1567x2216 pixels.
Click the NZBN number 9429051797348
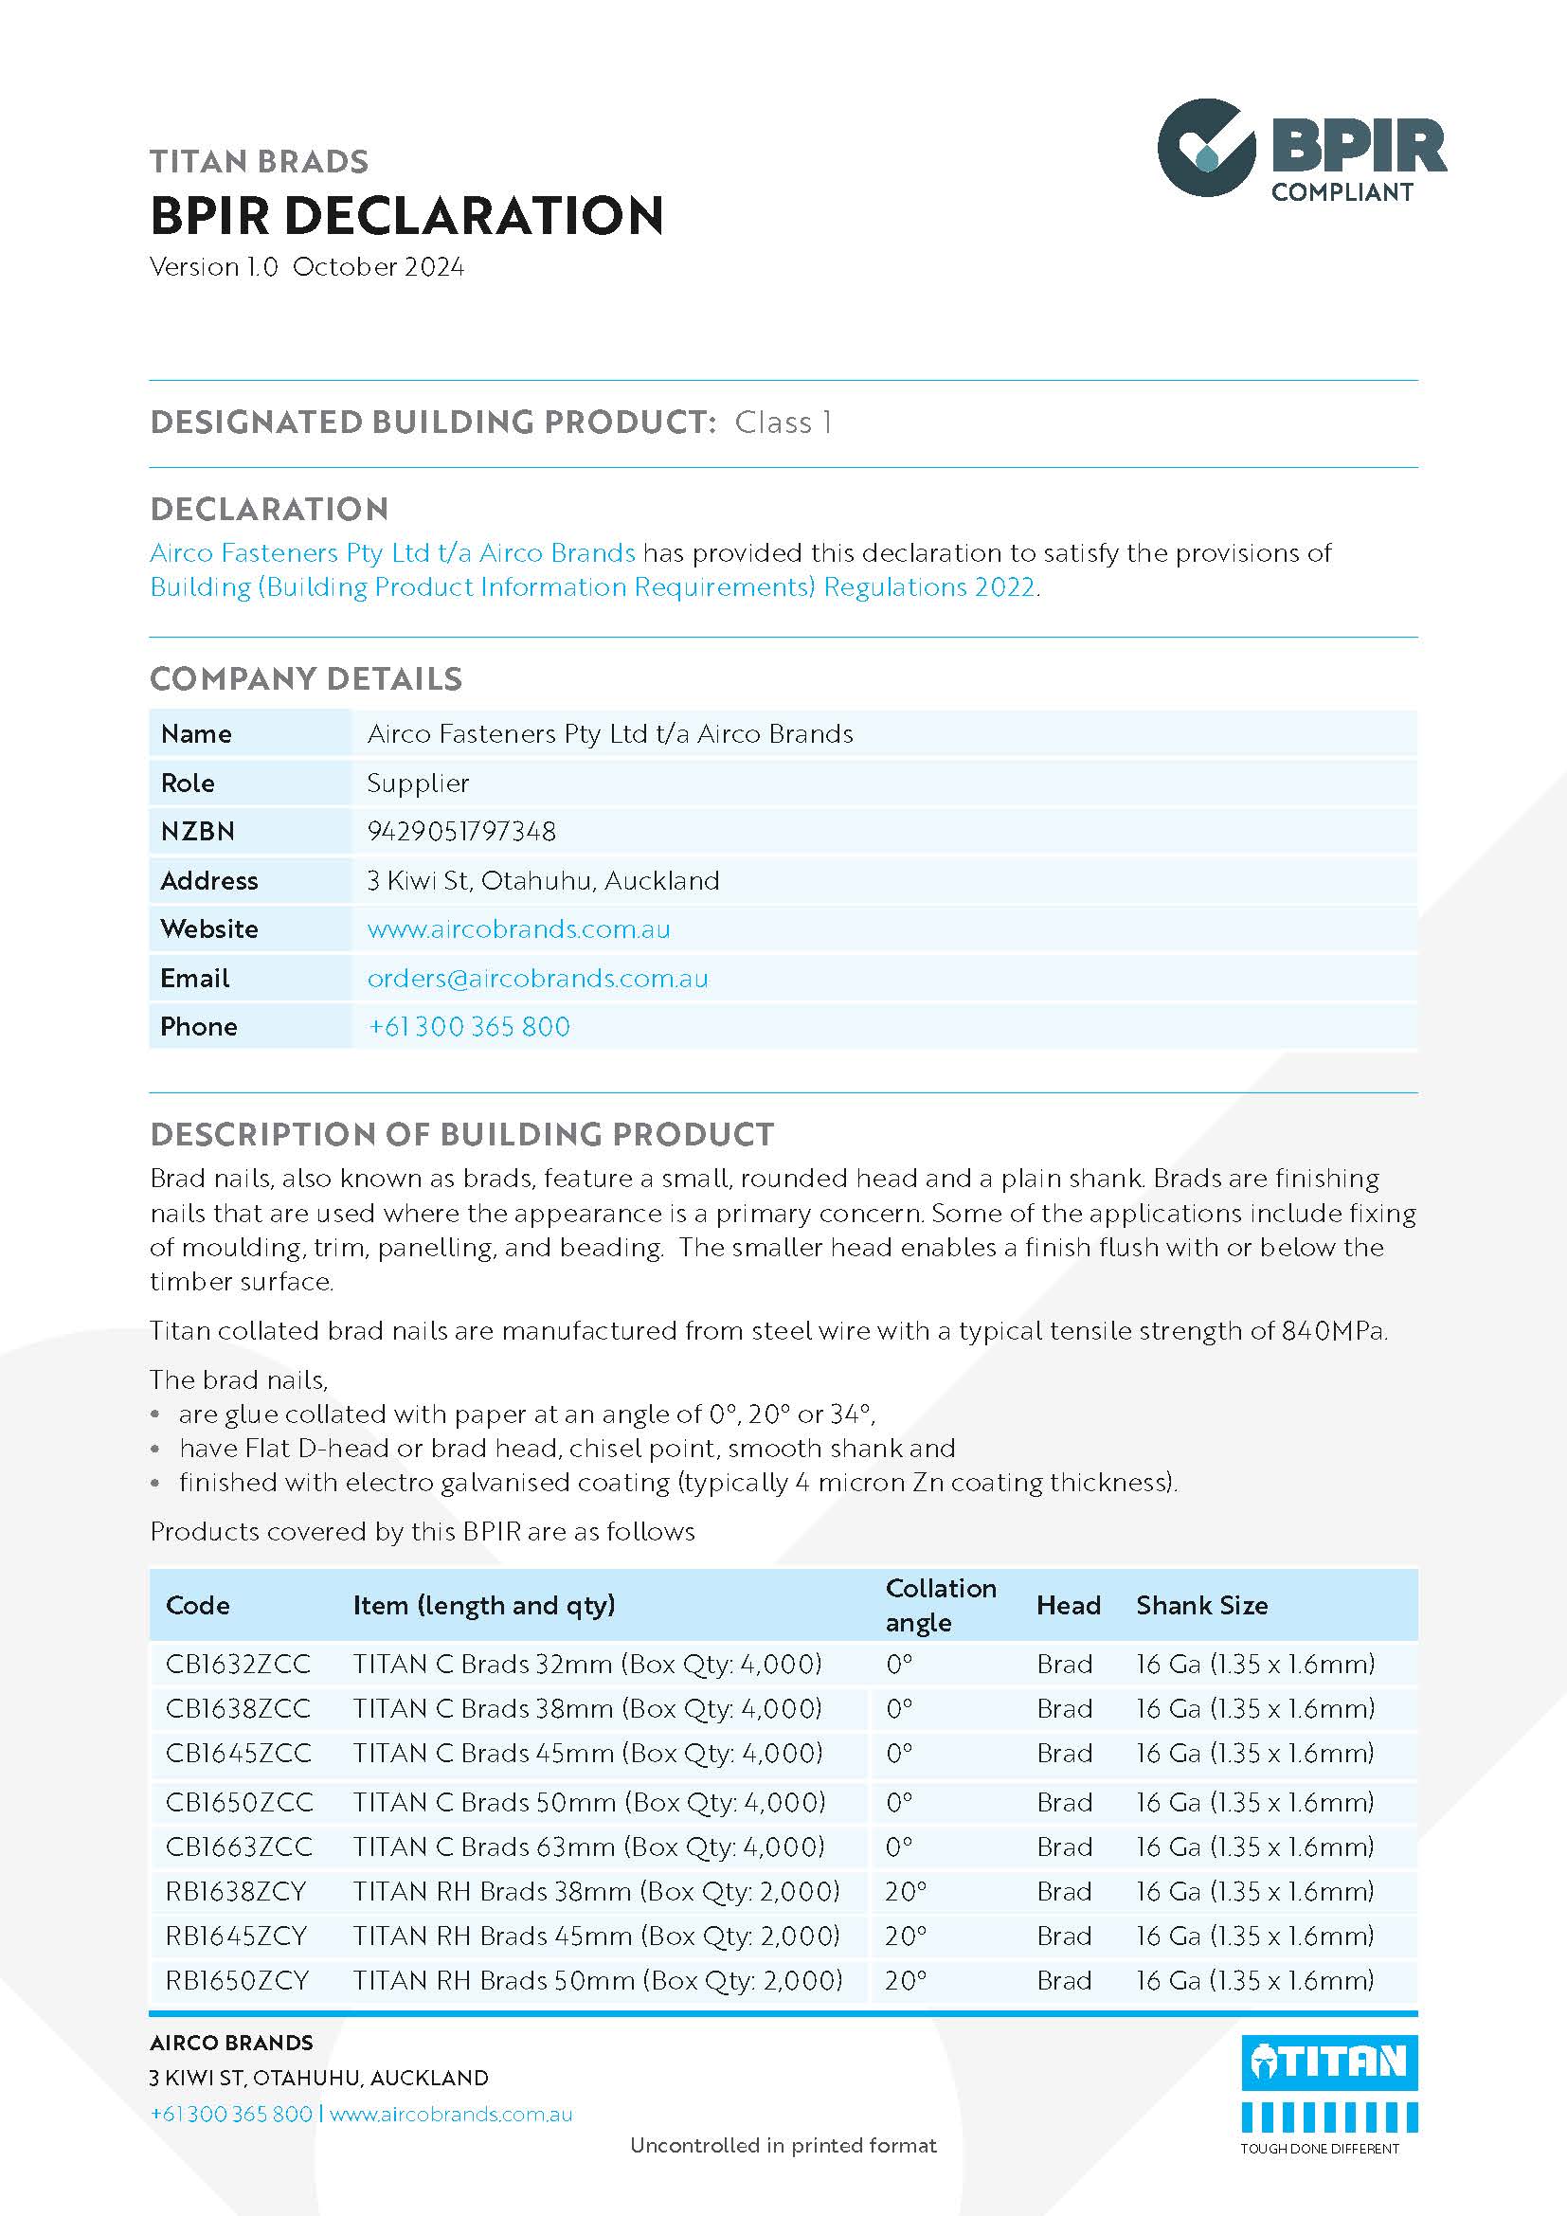click(461, 831)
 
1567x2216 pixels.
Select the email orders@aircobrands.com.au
click(537, 978)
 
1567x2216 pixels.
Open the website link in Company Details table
click(518, 928)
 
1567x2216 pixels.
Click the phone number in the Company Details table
click(469, 1026)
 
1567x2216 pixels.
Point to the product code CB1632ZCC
click(239, 1664)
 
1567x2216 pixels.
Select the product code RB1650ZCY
click(237, 1980)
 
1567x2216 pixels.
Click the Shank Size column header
click(1201, 1605)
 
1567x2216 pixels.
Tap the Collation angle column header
click(941, 1605)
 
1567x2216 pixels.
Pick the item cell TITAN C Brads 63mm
click(588, 1847)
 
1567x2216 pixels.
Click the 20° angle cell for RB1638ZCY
click(905, 1891)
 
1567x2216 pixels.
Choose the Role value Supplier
click(418, 783)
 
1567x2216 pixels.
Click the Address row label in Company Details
click(209, 880)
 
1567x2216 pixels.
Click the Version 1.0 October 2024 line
click(307, 266)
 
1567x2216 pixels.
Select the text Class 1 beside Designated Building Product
click(783, 422)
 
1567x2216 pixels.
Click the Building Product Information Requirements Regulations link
click(592, 586)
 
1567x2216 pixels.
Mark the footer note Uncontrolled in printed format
click(783, 2145)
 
